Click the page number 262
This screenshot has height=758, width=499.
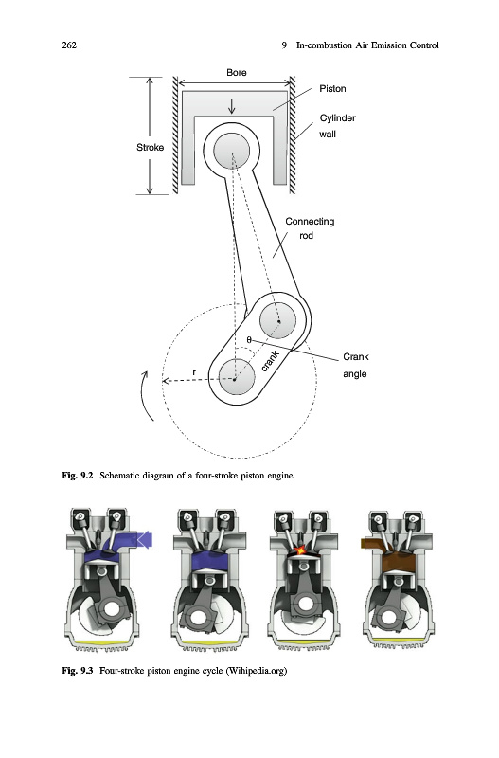69,45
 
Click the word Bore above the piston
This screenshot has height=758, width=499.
236,73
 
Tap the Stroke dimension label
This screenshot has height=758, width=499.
150,148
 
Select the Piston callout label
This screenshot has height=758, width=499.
332,88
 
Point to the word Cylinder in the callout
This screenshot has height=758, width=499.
338,117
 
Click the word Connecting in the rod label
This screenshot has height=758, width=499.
310,222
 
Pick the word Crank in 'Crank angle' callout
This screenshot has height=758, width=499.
355,357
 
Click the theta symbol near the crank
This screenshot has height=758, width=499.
249,340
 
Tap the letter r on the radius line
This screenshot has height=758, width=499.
194,372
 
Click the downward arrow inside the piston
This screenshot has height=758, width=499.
232,106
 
